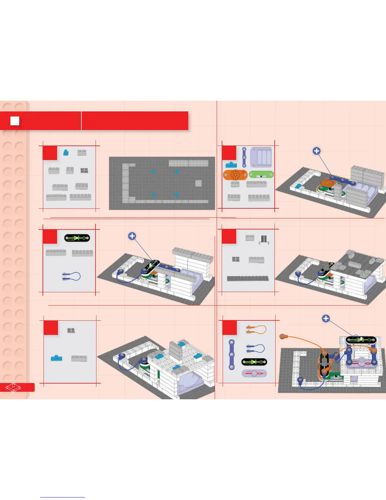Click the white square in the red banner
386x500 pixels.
click(15, 121)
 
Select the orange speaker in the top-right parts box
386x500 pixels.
click(235, 175)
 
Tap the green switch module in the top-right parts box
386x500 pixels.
click(261, 175)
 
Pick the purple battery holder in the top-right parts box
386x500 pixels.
click(261, 158)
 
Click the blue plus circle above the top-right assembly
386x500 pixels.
click(317, 151)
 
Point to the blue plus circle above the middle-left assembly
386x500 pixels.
click(132, 236)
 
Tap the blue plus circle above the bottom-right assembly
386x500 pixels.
click(326, 318)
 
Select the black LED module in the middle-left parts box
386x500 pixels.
click(77, 238)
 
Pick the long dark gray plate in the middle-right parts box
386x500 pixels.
click(248, 278)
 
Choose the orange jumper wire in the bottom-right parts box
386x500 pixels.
click(256, 330)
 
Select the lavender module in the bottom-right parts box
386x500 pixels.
click(254, 373)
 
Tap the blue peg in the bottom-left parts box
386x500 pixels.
click(56, 358)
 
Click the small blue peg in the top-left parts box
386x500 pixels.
click(66, 152)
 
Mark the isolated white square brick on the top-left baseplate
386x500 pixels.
click(198, 183)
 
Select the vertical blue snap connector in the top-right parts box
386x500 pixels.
click(244, 157)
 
